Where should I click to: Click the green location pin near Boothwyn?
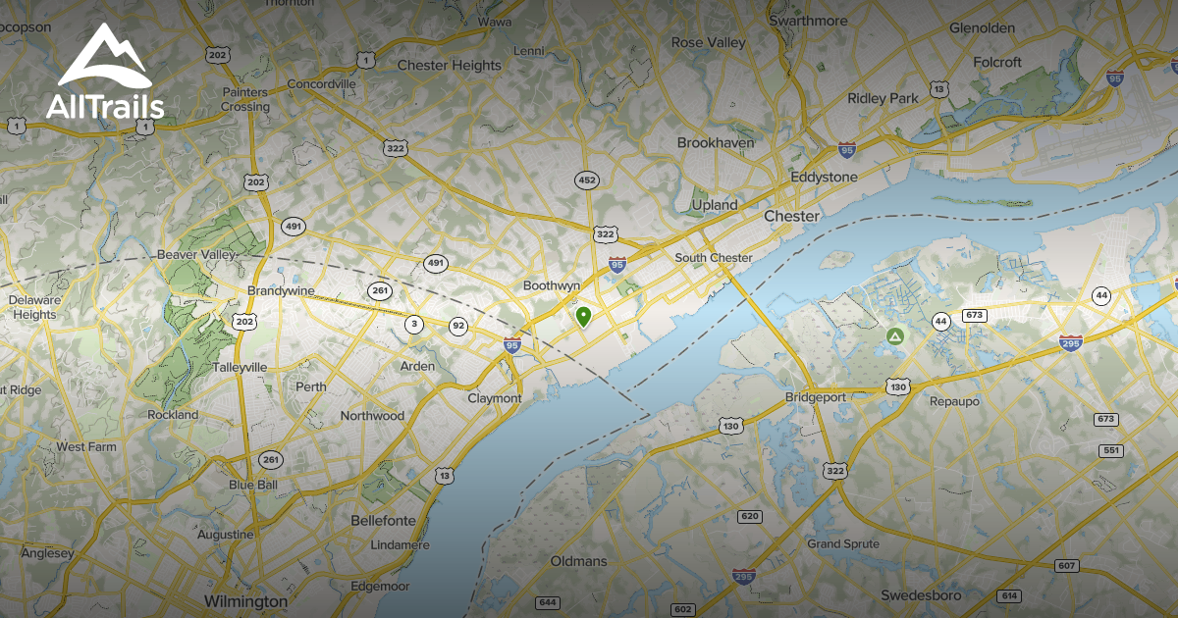[583, 316]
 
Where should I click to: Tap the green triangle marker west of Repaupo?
[894, 336]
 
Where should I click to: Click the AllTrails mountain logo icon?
[104, 57]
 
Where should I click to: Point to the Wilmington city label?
[245, 600]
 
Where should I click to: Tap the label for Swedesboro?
[921, 595]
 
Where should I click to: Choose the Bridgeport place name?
[816, 397]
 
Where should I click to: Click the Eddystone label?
[824, 178]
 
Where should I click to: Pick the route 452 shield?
[587, 180]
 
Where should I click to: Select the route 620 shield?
[750, 516]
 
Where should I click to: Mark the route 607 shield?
[1067, 566]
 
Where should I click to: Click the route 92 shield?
[458, 326]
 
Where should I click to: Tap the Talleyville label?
[240, 367]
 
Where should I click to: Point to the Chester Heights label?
[449, 66]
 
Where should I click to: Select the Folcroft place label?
[997, 62]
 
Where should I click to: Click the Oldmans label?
[578, 561]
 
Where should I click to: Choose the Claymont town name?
[495, 398]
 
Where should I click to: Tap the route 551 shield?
[1111, 450]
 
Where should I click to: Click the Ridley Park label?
[883, 98]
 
